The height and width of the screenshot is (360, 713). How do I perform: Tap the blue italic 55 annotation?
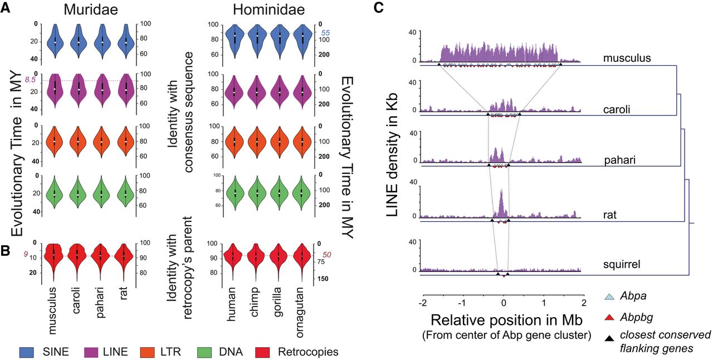tap(326, 33)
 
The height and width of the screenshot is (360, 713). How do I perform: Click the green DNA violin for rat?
tap(126, 193)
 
